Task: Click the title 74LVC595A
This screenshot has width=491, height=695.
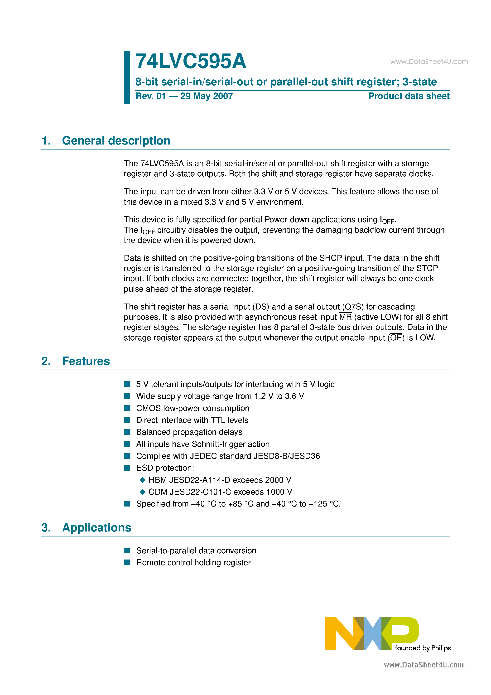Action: pyautogui.click(x=191, y=61)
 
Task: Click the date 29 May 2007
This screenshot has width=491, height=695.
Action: pyautogui.click(x=207, y=96)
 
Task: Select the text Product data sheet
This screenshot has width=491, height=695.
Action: pyautogui.click(x=409, y=96)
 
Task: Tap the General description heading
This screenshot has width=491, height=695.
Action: pyautogui.click(x=116, y=141)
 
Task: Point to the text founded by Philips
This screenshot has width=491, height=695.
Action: pyautogui.click(x=423, y=648)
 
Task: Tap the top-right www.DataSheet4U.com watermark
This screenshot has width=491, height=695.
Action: pyautogui.click(x=429, y=62)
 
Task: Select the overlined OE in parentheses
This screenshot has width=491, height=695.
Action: pyautogui.click(x=396, y=338)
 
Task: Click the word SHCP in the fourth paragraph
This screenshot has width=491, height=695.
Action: pyautogui.click(x=331, y=258)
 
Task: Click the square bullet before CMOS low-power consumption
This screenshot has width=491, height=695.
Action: pyautogui.click(x=127, y=408)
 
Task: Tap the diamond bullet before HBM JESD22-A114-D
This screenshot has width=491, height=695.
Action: pyautogui.click(x=143, y=480)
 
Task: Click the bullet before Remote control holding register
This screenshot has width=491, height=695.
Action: pyautogui.click(x=127, y=562)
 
